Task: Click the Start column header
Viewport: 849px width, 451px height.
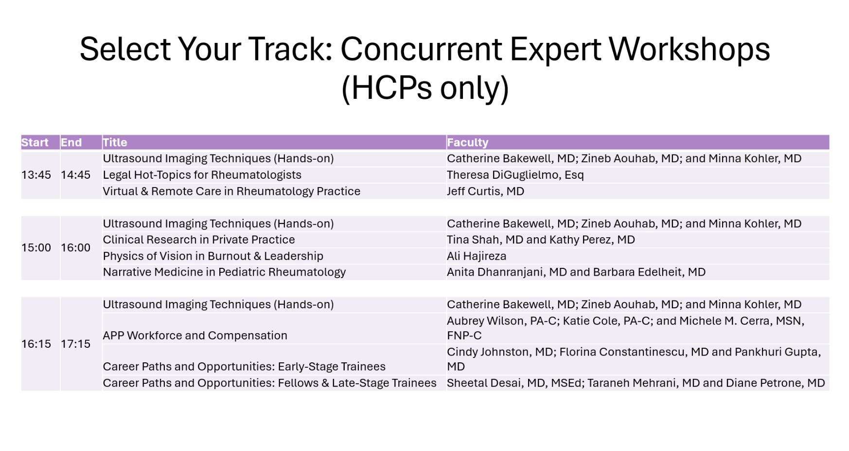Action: [35, 142]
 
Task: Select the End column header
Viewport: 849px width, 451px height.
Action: [71, 142]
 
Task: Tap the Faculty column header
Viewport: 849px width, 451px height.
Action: [467, 142]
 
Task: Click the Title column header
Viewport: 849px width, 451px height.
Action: [115, 142]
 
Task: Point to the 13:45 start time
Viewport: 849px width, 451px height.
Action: [36, 175]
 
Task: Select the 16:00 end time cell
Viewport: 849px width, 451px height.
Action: [75, 247]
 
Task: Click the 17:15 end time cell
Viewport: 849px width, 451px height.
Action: [75, 344]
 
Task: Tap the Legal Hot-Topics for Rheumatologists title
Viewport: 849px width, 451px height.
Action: [202, 175]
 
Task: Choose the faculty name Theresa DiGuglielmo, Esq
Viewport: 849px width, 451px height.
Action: [515, 175]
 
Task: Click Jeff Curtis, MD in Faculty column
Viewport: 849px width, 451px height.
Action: [485, 191]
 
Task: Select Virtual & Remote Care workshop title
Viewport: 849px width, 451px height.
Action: [231, 191]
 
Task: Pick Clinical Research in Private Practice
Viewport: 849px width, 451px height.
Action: [199, 240]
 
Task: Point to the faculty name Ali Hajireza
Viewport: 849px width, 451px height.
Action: [477, 256]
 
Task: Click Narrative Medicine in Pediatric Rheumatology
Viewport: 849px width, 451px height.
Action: [224, 272]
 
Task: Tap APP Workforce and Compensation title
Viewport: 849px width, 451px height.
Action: [195, 336]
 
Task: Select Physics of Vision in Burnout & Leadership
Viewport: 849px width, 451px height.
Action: [213, 256]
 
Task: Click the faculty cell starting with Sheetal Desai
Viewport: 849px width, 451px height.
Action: [636, 383]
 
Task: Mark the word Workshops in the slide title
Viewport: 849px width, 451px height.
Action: [689, 49]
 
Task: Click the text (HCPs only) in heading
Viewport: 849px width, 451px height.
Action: [425, 88]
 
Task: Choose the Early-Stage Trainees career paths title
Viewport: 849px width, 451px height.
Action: [244, 367]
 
